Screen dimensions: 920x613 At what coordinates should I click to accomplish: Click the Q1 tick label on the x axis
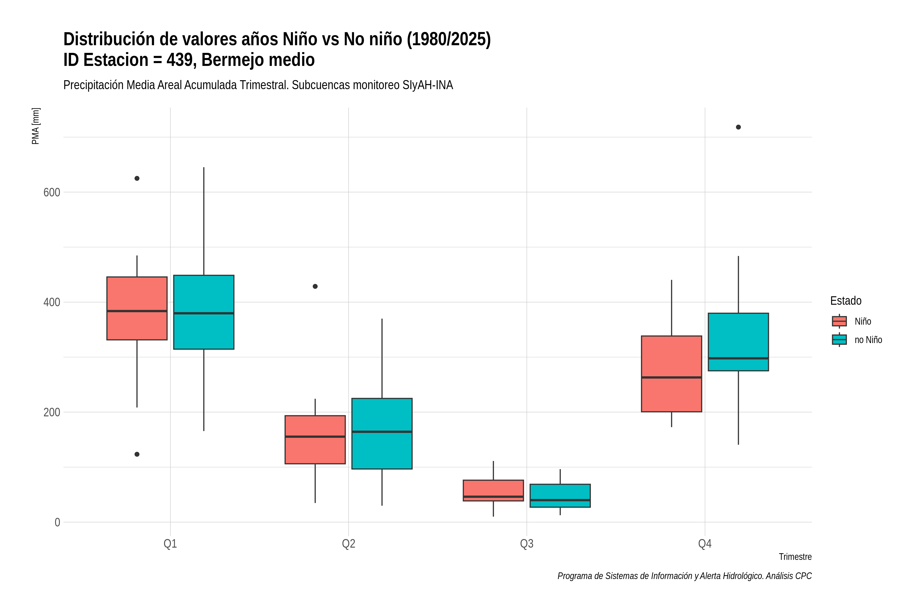coord(170,544)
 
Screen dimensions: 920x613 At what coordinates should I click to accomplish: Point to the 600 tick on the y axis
coord(52,192)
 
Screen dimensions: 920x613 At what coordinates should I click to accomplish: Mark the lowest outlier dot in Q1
coord(137,454)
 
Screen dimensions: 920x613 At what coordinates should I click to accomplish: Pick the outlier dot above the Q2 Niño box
coord(315,287)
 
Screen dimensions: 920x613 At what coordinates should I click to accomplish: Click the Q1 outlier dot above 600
coord(137,178)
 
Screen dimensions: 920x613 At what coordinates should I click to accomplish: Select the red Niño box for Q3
coord(493,491)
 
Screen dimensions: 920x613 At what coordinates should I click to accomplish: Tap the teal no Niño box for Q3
coord(560,496)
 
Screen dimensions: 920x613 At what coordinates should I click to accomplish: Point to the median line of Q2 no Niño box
coord(382,432)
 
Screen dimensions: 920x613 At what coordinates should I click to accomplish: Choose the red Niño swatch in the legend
coord(839,321)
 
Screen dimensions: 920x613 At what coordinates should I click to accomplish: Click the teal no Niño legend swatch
coord(839,340)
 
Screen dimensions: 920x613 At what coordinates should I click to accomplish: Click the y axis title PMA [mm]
coord(36,126)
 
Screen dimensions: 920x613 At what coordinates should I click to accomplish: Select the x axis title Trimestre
coord(795,557)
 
